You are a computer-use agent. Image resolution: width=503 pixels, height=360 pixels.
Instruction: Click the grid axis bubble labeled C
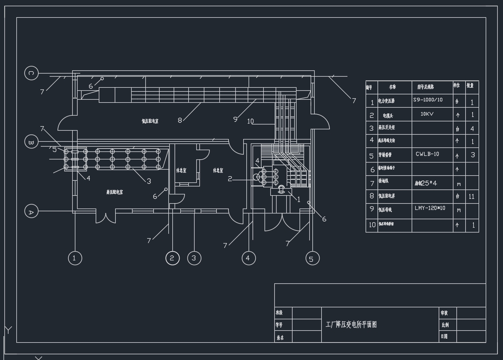coord(31,73)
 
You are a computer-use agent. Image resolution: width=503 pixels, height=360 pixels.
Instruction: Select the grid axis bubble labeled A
coord(31,211)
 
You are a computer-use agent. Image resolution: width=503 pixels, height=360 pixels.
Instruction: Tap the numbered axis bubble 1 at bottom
coord(75,258)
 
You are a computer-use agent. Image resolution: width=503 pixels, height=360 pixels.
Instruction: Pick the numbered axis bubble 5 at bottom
coord(312,258)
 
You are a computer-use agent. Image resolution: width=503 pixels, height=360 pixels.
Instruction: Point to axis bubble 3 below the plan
coord(194,258)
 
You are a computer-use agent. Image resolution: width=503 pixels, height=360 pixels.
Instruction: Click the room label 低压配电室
coord(150,121)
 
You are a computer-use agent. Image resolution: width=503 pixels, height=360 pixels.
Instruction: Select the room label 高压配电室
coord(114,192)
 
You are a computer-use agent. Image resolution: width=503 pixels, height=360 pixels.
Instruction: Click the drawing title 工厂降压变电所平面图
coord(351,325)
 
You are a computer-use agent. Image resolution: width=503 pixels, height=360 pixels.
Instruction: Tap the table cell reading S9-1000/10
coord(428,100)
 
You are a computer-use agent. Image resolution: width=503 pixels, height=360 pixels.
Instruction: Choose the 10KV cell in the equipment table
coord(427,114)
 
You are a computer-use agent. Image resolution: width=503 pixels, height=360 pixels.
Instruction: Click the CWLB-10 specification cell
coord(427,155)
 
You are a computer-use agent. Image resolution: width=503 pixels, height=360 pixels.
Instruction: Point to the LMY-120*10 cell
coord(430,208)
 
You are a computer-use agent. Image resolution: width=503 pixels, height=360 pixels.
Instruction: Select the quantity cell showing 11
coord(472,196)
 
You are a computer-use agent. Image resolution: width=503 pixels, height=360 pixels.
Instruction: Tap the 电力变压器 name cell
coord(386,101)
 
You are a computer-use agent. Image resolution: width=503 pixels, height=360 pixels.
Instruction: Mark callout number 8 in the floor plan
coord(180,120)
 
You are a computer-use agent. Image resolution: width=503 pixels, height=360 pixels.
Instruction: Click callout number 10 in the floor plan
coord(250,121)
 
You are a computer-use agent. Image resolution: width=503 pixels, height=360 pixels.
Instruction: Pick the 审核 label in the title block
coord(444,313)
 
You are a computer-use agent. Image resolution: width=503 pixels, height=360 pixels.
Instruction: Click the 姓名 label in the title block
coord(280,337)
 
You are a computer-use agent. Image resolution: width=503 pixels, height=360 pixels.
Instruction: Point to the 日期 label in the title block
coord(444,337)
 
